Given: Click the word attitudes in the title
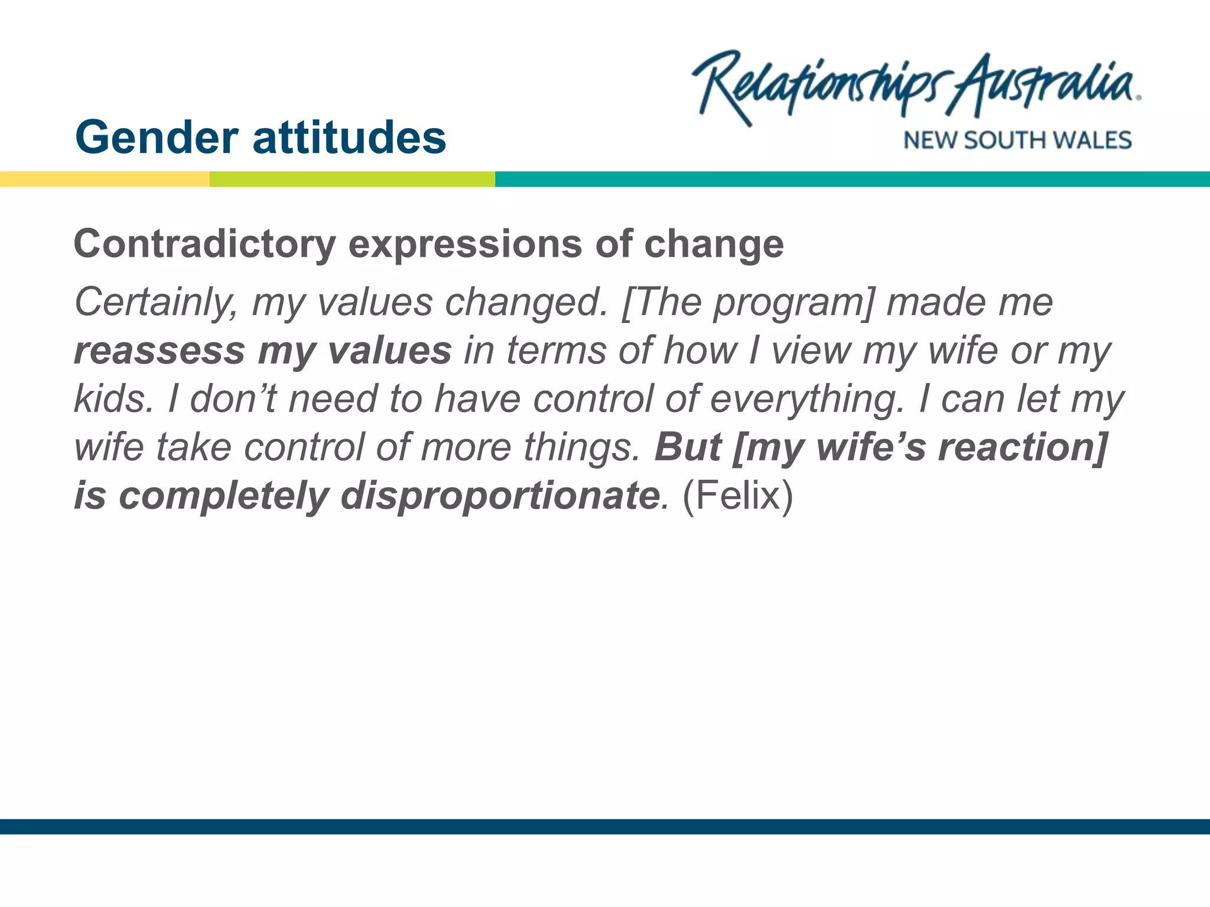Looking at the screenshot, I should click(x=349, y=138).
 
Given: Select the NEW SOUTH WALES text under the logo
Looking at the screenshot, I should click(x=1017, y=141).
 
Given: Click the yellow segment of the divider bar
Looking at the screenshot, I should click(x=105, y=179).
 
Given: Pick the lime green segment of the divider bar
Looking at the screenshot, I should click(x=352, y=179).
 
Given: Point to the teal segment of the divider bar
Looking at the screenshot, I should click(x=851, y=179).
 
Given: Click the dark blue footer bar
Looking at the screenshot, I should click(x=605, y=826).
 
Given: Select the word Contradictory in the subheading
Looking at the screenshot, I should click(x=204, y=244).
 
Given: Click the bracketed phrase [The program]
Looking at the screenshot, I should click(x=747, y=303).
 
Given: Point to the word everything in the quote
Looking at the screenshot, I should click(x=807, y=400).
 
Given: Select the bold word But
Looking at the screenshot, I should click(x=688, y=447).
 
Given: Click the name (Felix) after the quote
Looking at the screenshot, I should click(x=737, y=495).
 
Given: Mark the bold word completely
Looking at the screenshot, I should click(x=223, y=495).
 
